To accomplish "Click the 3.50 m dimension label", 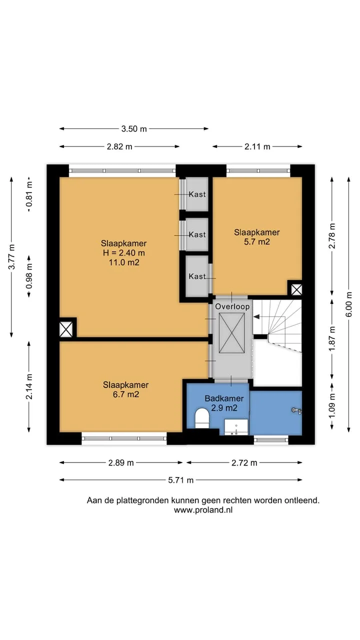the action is pyautogui.click(x=134, y=129).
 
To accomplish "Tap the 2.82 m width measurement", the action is pyautogui.click(x=119, y=146).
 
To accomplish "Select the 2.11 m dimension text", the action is pyautogui.click(x=257, y=146).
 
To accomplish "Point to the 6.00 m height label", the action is pyautogui.click(x=348, y=304).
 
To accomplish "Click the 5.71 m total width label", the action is pyautogui.click(x=181, y=480).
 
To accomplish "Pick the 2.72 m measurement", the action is pyautogui.click(x=244, y=462).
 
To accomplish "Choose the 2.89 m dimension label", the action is pyautogui.click(x=121, y=462).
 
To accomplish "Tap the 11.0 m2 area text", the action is pyautogui.click(x=124, y=262).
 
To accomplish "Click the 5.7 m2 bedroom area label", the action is pyautogui.click(x=257, y=241).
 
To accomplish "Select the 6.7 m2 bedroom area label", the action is pyautogui.click(x=126, y=394).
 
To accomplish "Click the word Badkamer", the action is pyautogui.click(x=224, y=398).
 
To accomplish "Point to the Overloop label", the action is pyautogui.click(x=232, y=306).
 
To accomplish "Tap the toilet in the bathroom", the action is pyautogui.click(x=202, y=418).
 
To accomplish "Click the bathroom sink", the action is pyautogui.click(x=236, y=427).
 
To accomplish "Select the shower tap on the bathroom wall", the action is pyautogui.click(x=296, y=411).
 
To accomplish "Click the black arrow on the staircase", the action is pyautogui.click(x=256, y=316).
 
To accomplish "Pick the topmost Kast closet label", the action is pyautogui.click(x=197, y=194).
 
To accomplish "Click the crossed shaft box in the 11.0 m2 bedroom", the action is pyautogui.click(x=66, y=329).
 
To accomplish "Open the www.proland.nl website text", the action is pyautogui.click(x=203, y=510).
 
